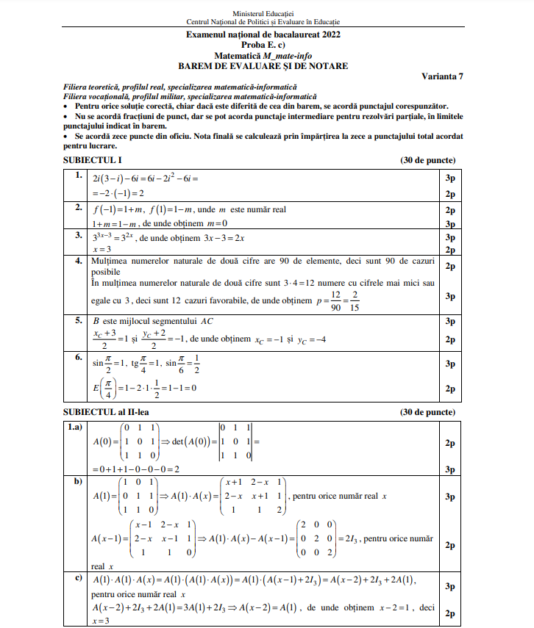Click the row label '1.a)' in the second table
point(76,427)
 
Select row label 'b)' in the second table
point(76,482)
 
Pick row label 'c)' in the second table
point(76,577)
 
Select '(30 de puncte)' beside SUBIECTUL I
point(427,160)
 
